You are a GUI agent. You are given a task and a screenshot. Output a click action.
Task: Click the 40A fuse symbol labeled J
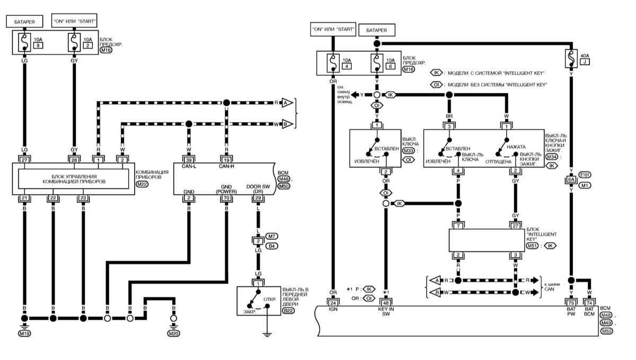(x=571, y=59)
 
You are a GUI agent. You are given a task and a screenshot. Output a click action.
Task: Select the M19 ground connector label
(x=24, y=333)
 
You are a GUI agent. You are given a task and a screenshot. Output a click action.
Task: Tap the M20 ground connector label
(x=173, y=333)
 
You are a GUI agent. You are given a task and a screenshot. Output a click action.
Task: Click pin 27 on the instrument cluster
(x=24, y=160)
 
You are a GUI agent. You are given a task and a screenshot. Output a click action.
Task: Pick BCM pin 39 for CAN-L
(x=189, y=160)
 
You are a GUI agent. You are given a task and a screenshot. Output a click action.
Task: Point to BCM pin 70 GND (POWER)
(x=226, y=198)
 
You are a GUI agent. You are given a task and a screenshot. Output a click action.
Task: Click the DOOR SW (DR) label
(x=258, y=189)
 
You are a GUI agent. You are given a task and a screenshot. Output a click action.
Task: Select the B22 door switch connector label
(x=288, y=311)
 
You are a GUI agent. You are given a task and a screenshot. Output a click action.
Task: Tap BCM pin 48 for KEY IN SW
(x=386, y=303)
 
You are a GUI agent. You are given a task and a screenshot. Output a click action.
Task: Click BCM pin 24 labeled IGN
(x=333, y=303)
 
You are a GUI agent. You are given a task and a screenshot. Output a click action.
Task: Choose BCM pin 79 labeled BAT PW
(x=571, y=303)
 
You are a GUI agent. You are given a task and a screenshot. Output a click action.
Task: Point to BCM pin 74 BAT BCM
(x=589, y=303)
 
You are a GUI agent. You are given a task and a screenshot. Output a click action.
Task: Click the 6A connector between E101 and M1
(x=571, y=180)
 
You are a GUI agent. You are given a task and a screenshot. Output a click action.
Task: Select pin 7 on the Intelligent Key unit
(x=458, y=226)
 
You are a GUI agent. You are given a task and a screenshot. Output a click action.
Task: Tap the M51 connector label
(x=532, y=246)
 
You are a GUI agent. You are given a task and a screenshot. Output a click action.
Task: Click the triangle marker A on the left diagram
(x=287, y=102)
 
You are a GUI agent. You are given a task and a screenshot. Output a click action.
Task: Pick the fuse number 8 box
(x=38, y=46)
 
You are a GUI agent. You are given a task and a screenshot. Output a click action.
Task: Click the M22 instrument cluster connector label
(x=142, y=184)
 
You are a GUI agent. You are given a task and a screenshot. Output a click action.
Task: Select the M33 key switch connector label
(x=408, y=151)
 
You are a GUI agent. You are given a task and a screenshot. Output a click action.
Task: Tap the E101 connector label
(x=585, y=175)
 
